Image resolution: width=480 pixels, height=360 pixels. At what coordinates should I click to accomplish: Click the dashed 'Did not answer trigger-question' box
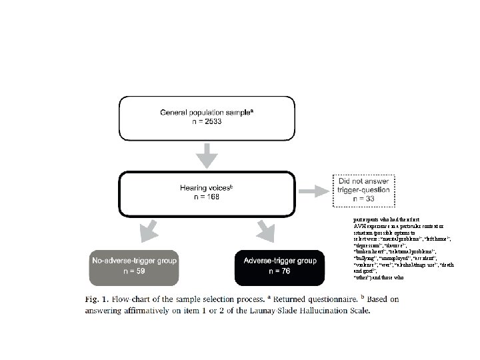361,189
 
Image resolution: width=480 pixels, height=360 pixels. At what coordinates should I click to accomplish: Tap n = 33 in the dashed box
361,199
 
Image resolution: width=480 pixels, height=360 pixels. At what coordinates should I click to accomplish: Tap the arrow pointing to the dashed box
312,191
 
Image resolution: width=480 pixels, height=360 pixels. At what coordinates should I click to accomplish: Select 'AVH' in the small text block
361,224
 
